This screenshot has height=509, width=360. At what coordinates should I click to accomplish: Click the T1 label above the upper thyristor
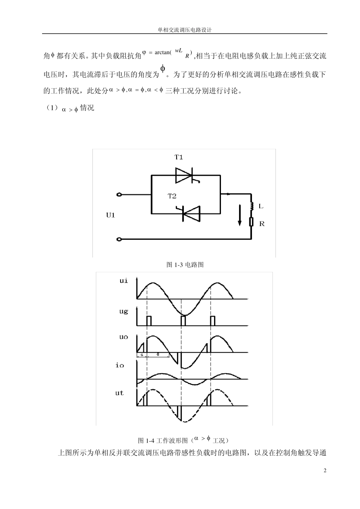178,157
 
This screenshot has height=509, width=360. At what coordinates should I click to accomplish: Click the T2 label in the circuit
172,196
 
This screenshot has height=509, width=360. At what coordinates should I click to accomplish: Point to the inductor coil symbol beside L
251,206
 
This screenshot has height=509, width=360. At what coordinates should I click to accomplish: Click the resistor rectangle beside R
251,222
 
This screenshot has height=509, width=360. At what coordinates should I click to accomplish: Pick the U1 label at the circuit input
110,215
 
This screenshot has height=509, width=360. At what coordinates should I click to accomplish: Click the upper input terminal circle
119,195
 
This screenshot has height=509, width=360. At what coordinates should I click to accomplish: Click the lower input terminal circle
119,239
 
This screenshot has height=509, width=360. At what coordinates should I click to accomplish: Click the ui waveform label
124,281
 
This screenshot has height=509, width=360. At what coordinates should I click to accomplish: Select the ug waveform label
124,311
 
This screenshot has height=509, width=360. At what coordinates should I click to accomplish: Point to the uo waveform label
124,337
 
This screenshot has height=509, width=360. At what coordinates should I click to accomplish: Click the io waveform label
120,366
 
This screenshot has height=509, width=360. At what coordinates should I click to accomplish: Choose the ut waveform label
120,393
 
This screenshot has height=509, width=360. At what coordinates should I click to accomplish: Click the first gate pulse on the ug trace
149,320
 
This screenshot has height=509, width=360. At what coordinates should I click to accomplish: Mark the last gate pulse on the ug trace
213,320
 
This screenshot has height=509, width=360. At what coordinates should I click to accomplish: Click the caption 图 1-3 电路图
185,265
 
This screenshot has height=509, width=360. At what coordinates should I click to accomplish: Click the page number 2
325,471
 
